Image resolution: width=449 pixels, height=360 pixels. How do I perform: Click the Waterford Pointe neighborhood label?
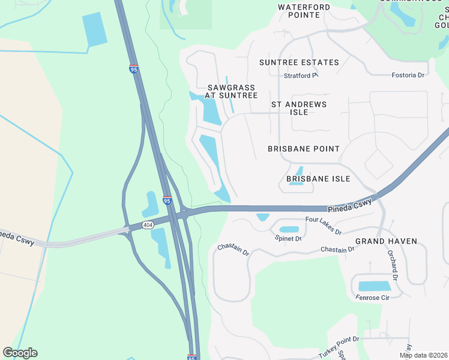[304, 11]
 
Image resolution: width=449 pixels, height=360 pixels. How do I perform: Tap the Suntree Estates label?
[299, 62]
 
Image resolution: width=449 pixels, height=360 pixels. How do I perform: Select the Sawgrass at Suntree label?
[231, 91]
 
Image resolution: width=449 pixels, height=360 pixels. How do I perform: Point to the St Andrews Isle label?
[299, 108]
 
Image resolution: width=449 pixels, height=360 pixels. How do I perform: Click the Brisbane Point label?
[304, 148]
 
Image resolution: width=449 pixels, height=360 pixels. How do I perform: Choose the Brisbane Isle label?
[318, 179]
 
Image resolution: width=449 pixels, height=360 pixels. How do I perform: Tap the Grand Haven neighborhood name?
[386, 241]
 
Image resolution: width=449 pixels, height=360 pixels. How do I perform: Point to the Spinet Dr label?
[288, 238]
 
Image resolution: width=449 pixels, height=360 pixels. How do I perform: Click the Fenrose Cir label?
[372, 297]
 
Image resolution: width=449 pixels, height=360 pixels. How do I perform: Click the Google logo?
[20, 353]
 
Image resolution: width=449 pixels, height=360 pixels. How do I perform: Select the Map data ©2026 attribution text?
[423, 355]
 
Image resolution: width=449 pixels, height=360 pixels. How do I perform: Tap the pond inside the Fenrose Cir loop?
[374, 286]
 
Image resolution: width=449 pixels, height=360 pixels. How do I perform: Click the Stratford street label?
[300, 76]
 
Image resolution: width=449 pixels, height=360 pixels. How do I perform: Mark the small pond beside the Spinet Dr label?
[289, 229]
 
